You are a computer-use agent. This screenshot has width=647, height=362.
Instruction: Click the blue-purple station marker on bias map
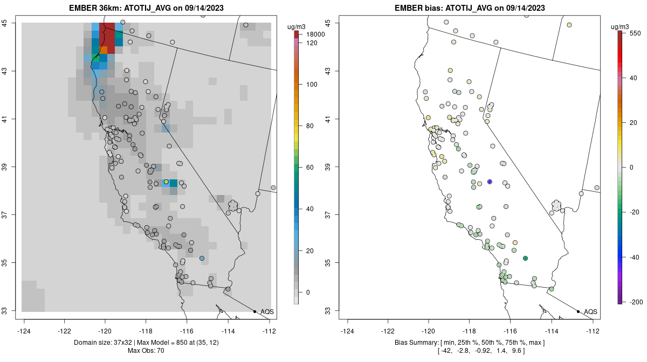(490, 182)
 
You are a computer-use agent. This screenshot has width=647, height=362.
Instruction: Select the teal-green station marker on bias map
(525, 259)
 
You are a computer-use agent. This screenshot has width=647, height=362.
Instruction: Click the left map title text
(147, 8)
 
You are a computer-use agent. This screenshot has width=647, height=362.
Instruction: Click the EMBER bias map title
(471, 8)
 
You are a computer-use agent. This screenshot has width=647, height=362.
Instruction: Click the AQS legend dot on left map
(254, 311)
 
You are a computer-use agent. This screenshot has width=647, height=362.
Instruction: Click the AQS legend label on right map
(590, 311)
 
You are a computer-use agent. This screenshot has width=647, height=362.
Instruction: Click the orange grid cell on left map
(104, 50)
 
